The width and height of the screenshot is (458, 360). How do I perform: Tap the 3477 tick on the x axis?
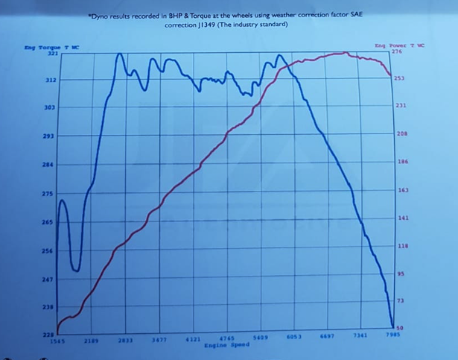click(159, 340)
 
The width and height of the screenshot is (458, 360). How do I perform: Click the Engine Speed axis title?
click(226, 347)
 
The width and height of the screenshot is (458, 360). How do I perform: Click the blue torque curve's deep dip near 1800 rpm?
click(75, 270)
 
